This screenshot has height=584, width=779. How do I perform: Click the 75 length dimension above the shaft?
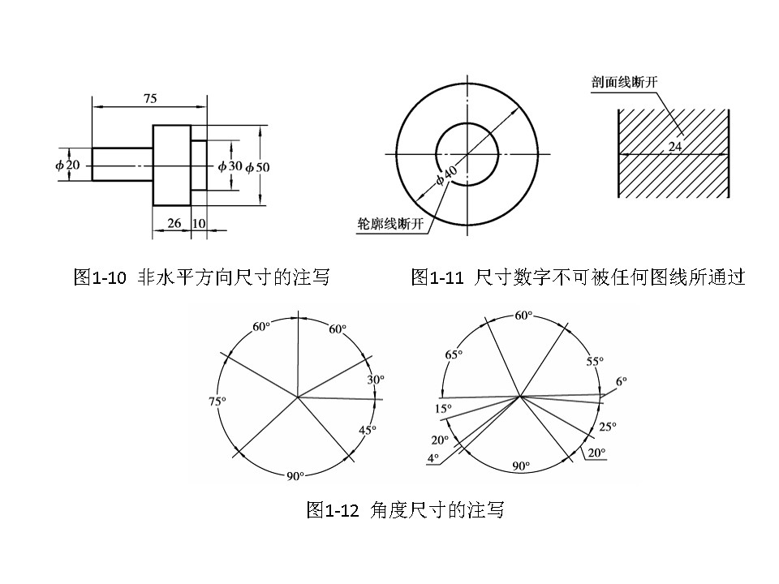(x=150, y=98)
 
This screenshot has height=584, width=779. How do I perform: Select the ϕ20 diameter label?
(x=68, y=165)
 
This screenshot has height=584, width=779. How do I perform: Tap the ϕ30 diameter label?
(x=230, y=165)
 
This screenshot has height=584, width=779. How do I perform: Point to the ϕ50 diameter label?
(x=257, y=166)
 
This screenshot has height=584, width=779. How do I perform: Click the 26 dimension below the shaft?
(x=172, y=223)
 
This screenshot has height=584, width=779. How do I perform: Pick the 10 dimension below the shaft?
(x=200, y=223)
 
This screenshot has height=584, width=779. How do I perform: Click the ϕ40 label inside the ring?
(x=447, y=174)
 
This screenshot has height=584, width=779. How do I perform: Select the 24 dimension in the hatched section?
(x=675, y=147)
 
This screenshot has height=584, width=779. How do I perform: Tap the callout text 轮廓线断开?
(x=391, y=225)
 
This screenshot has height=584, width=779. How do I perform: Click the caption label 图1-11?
(x=437, y=277)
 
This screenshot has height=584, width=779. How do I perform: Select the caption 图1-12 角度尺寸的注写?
(x=405, y=510)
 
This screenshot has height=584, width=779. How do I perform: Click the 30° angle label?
(x=376, y=380)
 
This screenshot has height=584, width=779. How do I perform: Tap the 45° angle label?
(x=368, y=430)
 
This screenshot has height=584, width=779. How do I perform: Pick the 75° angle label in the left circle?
(x=217, y=401)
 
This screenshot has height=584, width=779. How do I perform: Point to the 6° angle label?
(x=622, y=380)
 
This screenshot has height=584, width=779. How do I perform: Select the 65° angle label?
(x=454, y=354)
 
